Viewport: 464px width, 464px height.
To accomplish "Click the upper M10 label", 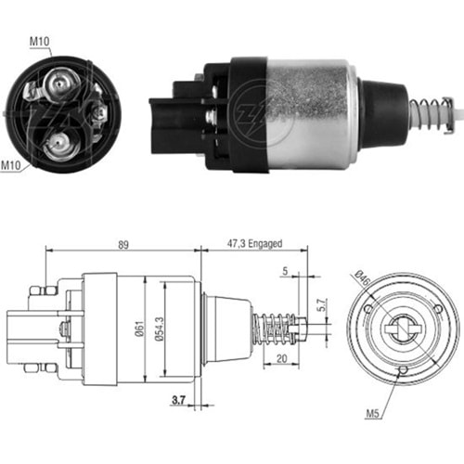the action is click(39, 42).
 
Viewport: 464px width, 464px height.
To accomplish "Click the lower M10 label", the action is click(11, 165).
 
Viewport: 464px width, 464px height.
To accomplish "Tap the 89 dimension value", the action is click(123, 245).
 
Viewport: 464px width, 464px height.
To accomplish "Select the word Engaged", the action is click(265, 244).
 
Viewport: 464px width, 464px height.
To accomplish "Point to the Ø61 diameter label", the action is click(140, 329).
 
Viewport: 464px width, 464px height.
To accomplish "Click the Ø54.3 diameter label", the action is click(160, 329).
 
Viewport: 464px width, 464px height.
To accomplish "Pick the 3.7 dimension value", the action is click(178, 401).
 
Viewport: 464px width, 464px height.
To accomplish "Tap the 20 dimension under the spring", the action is click(281, 359).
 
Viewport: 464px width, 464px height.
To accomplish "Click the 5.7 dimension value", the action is click(322, 304).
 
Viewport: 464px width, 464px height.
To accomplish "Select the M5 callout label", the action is click(372, 413).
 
